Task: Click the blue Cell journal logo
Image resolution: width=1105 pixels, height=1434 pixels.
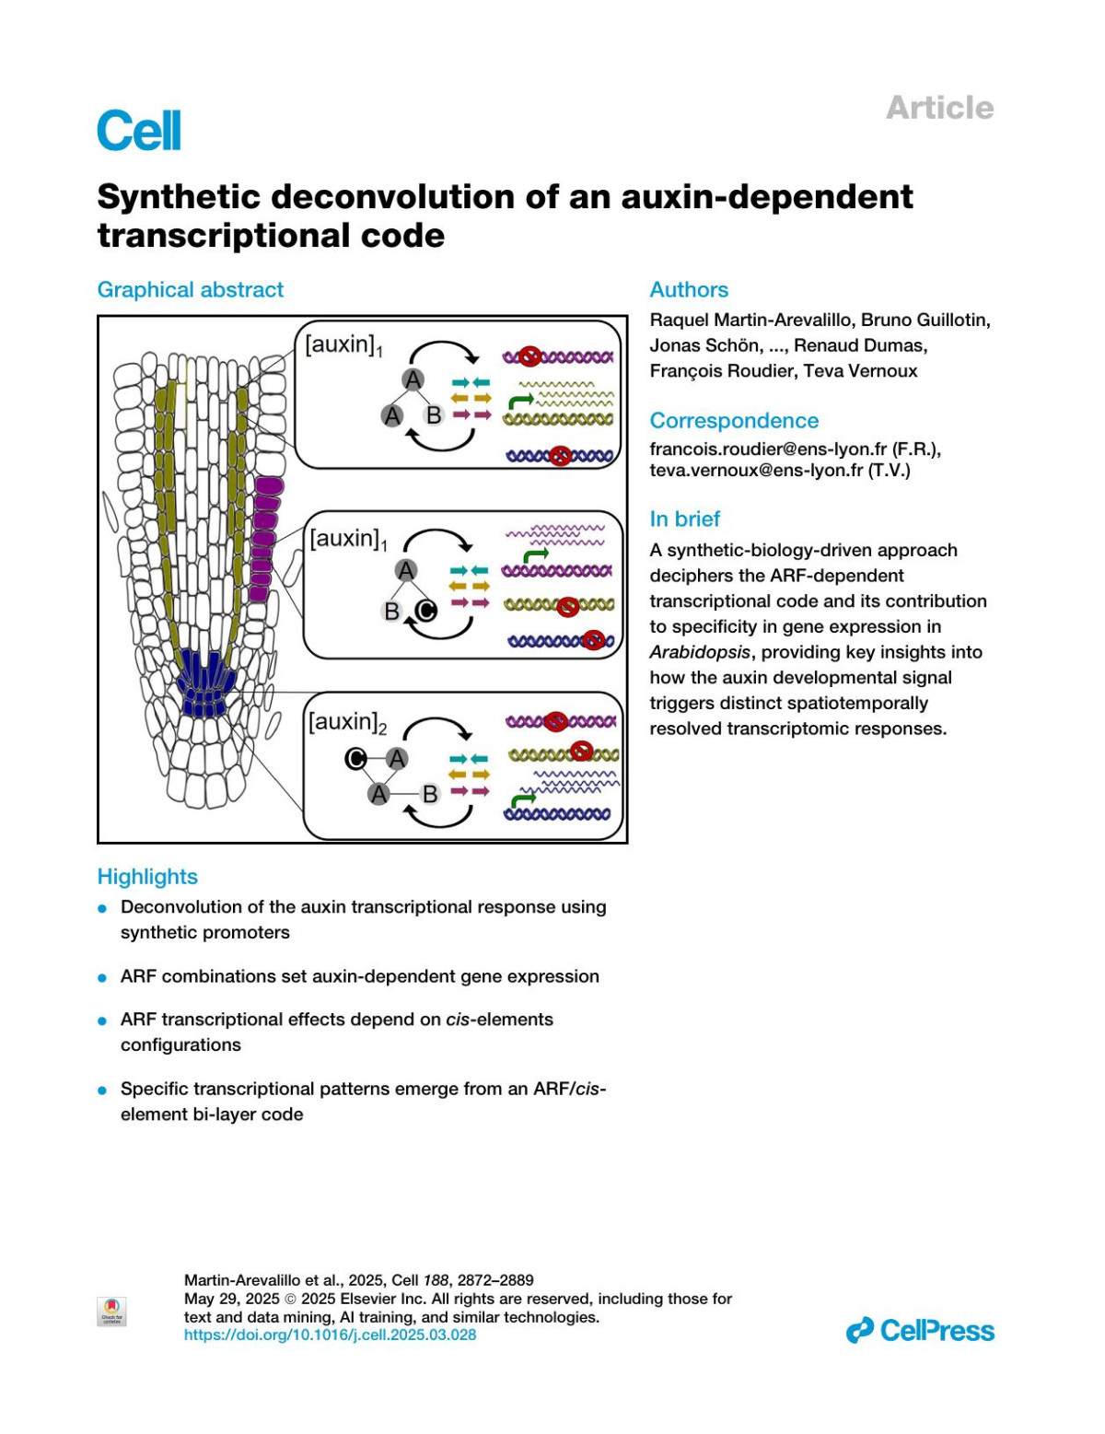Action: (x=139, y=130)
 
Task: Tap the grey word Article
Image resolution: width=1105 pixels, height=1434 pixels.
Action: (x=939, y=108)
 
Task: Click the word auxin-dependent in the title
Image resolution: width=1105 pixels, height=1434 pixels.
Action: (x=766, y=196)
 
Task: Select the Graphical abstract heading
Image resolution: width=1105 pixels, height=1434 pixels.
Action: (x=191, y=289)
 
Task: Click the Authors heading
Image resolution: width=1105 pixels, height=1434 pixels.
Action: (x=689, y=289)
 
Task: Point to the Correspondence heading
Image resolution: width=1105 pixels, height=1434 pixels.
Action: (x=734, y=420)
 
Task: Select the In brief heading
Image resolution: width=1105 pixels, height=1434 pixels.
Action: (x=685, y=519)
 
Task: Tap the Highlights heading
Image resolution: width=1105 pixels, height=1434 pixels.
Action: (x=147, y=876)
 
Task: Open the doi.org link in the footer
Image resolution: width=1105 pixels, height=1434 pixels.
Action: (x=330, y=1335)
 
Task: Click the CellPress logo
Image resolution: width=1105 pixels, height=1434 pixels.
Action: (x=920, y=1330)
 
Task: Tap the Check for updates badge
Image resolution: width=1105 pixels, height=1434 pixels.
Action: (x=111, y=1311)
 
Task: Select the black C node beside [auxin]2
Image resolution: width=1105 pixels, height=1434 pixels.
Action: (x=355, y=758)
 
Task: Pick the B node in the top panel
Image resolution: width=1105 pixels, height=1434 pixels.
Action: (x=434, y=415)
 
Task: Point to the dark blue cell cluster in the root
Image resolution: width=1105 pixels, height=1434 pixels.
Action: (x=204, y=683)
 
